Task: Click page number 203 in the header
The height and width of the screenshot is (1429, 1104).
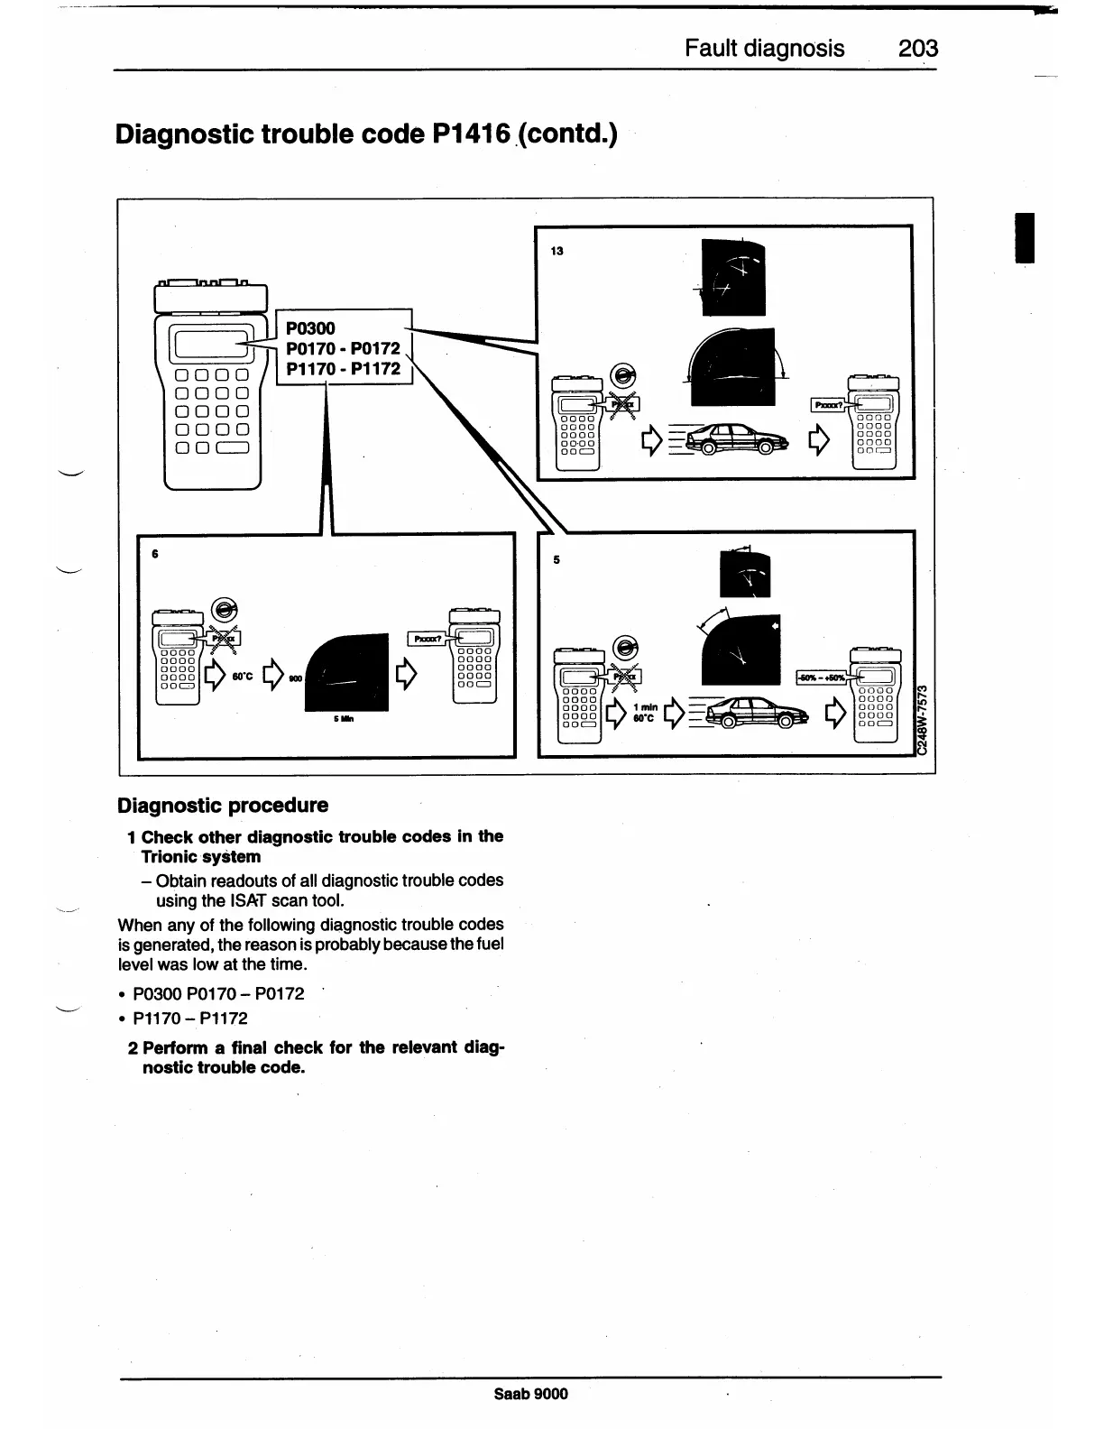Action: coord(918,48)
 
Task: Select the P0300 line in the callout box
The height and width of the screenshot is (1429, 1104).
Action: coord(310,328)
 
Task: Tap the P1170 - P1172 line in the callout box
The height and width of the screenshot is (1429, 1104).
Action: coord(343,368)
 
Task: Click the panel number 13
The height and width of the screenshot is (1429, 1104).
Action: coord(557,251)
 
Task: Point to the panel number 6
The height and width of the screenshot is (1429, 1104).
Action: coord(155,554)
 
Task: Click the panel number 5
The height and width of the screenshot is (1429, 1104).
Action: coord(557,559)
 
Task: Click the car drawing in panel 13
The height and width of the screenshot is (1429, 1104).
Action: coord(736,439)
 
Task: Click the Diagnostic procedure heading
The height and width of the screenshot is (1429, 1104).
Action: coord(223,805)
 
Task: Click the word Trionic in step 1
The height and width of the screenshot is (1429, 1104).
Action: coord(170,856)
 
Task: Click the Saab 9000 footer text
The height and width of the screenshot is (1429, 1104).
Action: coord(531,1394)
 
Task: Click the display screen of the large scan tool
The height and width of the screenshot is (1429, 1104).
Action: coord(210,344)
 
